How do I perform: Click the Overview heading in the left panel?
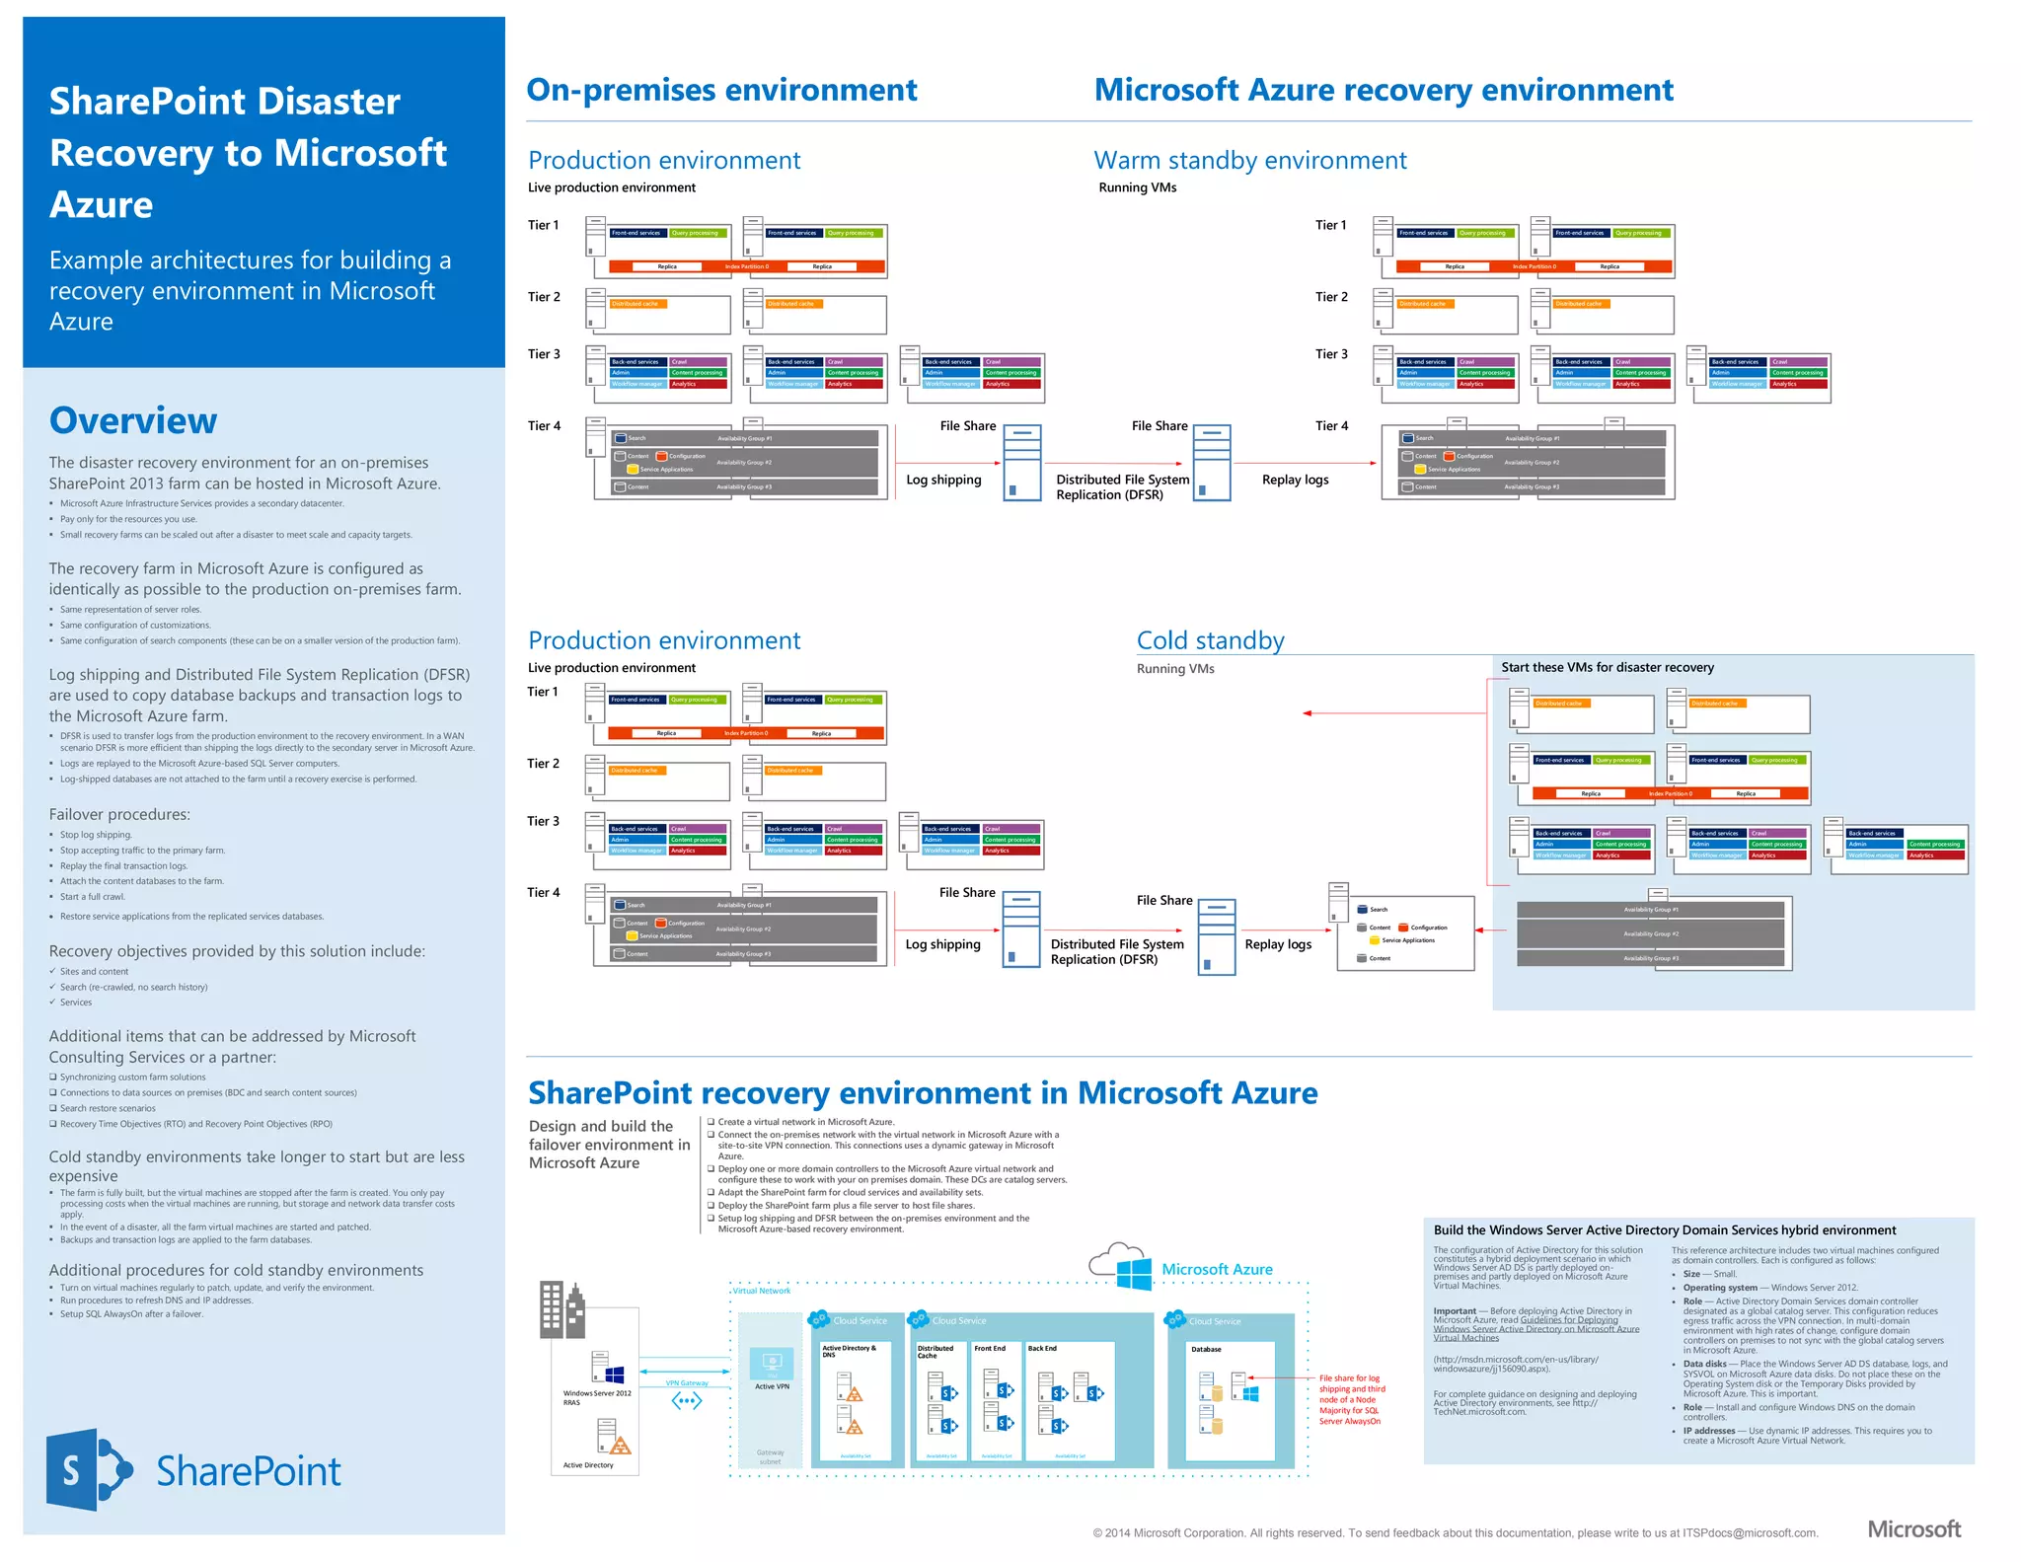pyautogui.click(x=133, y=420)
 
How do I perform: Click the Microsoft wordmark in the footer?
pyautogui.click(x=1913, y=1528)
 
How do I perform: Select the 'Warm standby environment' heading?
pyautogui.click(x=1250, y=160)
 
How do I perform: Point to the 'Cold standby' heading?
pyautogui.click(x=1210, y=640)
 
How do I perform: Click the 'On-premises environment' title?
pyautogui.click(x=721, y=90)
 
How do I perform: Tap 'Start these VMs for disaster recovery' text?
pyautogui.click(x=1607, y=667)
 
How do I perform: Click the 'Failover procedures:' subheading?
pyautogui.click(x=119, y=814)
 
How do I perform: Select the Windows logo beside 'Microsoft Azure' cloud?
pyautogui.click(x=1134, y=1272)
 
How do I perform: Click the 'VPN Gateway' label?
pyautogui.click(x=687, y=1382)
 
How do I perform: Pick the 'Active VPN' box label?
pyautogui.click(x=772, y=1386)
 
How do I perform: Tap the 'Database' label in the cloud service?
pyautogui.click(x=1206, y=1349)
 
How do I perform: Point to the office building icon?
pyautogui.click(x=561, y=1308)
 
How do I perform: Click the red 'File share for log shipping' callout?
pyautogui.click(x=1351, y=1399)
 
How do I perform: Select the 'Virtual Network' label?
pyautogui.click(x=761, y=1291)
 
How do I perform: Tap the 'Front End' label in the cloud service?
pyautogui.click(x=990, y=1348)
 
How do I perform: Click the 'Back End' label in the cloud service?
pyautogui.click(x=1042, y=1348)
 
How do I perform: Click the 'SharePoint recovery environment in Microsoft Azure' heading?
pyautogui.click(x=923, y=1093)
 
